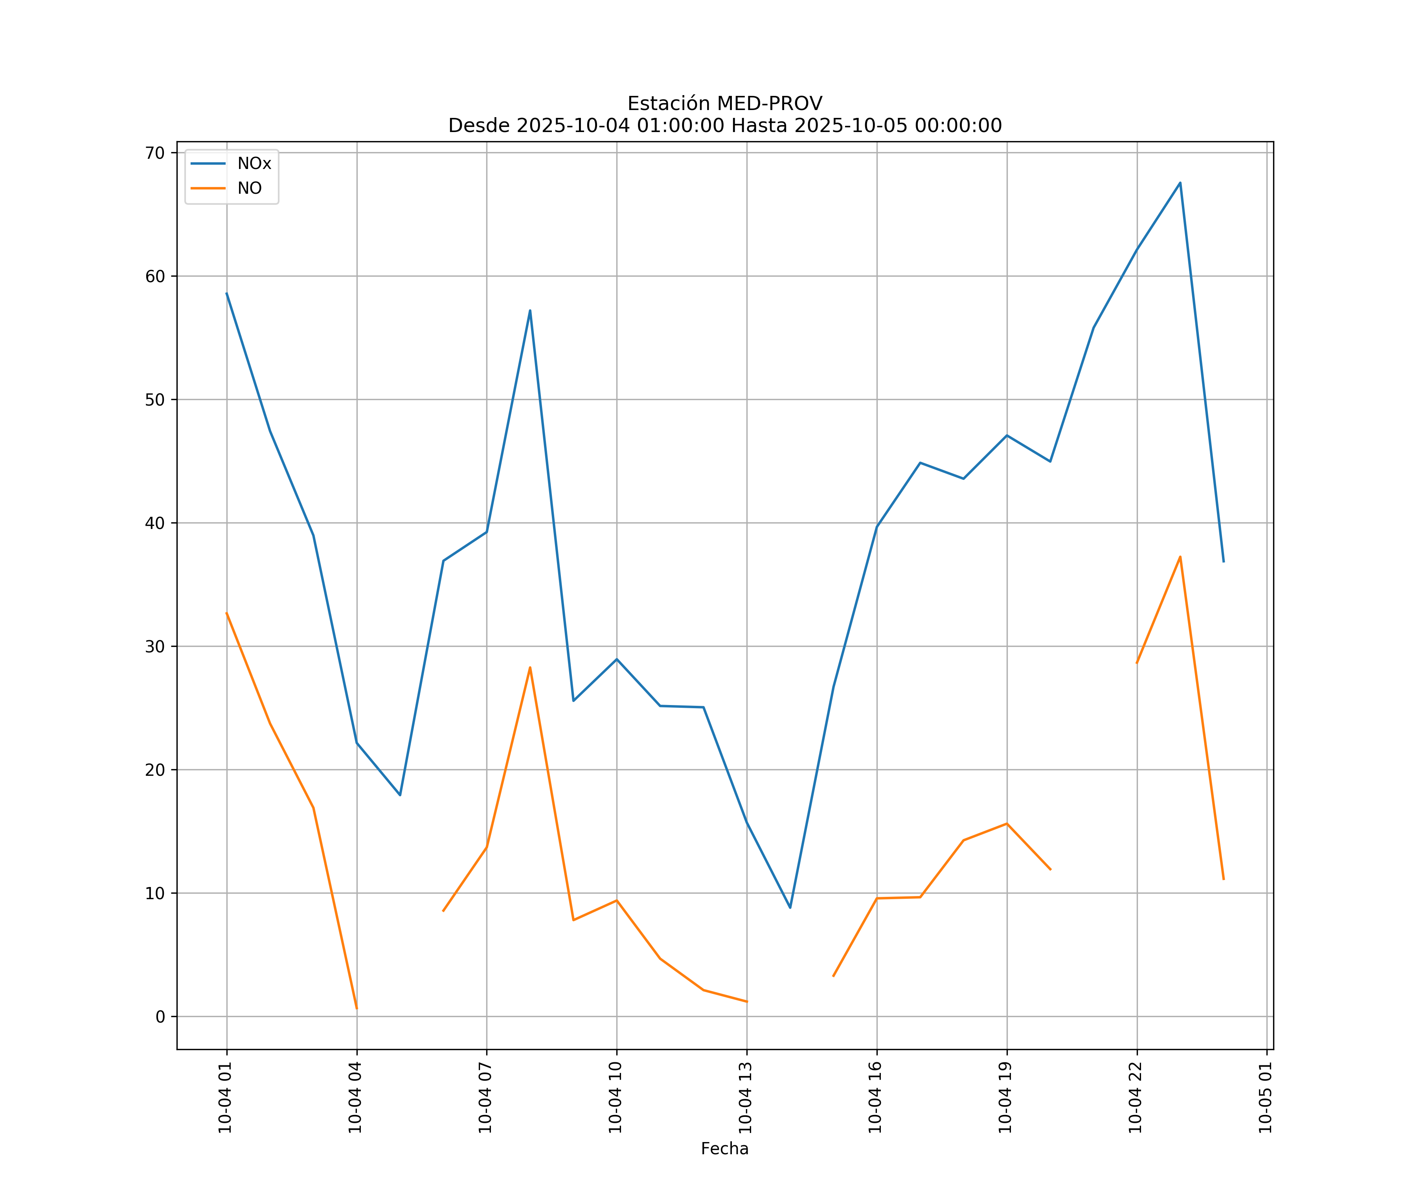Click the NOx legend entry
[254, 164]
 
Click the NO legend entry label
[249, 189]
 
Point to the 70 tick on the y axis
[155, 153]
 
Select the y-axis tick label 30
[155, 647]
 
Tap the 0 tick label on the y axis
[160, 1017]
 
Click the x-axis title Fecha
[724, 1149]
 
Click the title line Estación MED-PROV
[724, 104]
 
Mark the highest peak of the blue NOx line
[1180, 183]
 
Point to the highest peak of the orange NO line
[1180, 556]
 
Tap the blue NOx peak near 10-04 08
[530, 310]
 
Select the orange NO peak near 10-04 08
[530, 668]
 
